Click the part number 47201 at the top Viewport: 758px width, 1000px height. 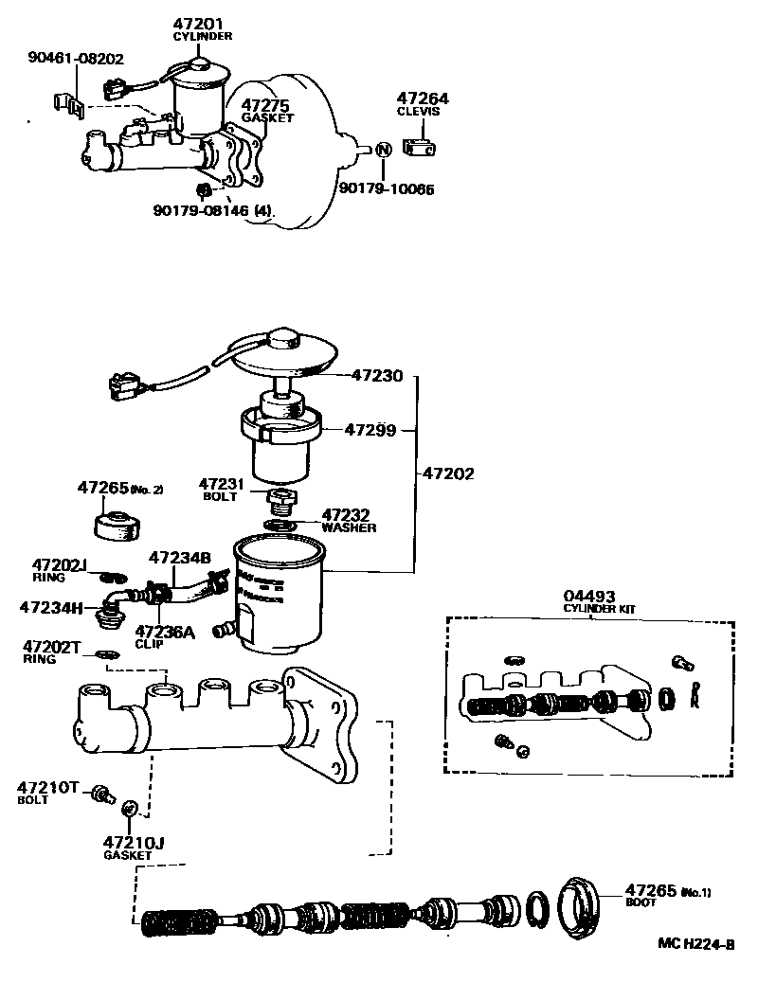(x=202, y=24)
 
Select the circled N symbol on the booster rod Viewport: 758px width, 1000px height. (x=384, y=150)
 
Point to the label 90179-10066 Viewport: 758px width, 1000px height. (x=387, y=188)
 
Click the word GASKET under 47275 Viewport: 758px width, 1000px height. (x=267, y=118)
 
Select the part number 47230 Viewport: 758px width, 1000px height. (x=377, y=376)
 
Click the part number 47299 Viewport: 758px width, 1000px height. (x=370, y=429)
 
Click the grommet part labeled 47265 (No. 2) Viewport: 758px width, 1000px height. (x=117, y=525)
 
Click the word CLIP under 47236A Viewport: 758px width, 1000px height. (x=149, y=644)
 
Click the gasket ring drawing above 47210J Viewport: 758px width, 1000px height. (x=132, y=808)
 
